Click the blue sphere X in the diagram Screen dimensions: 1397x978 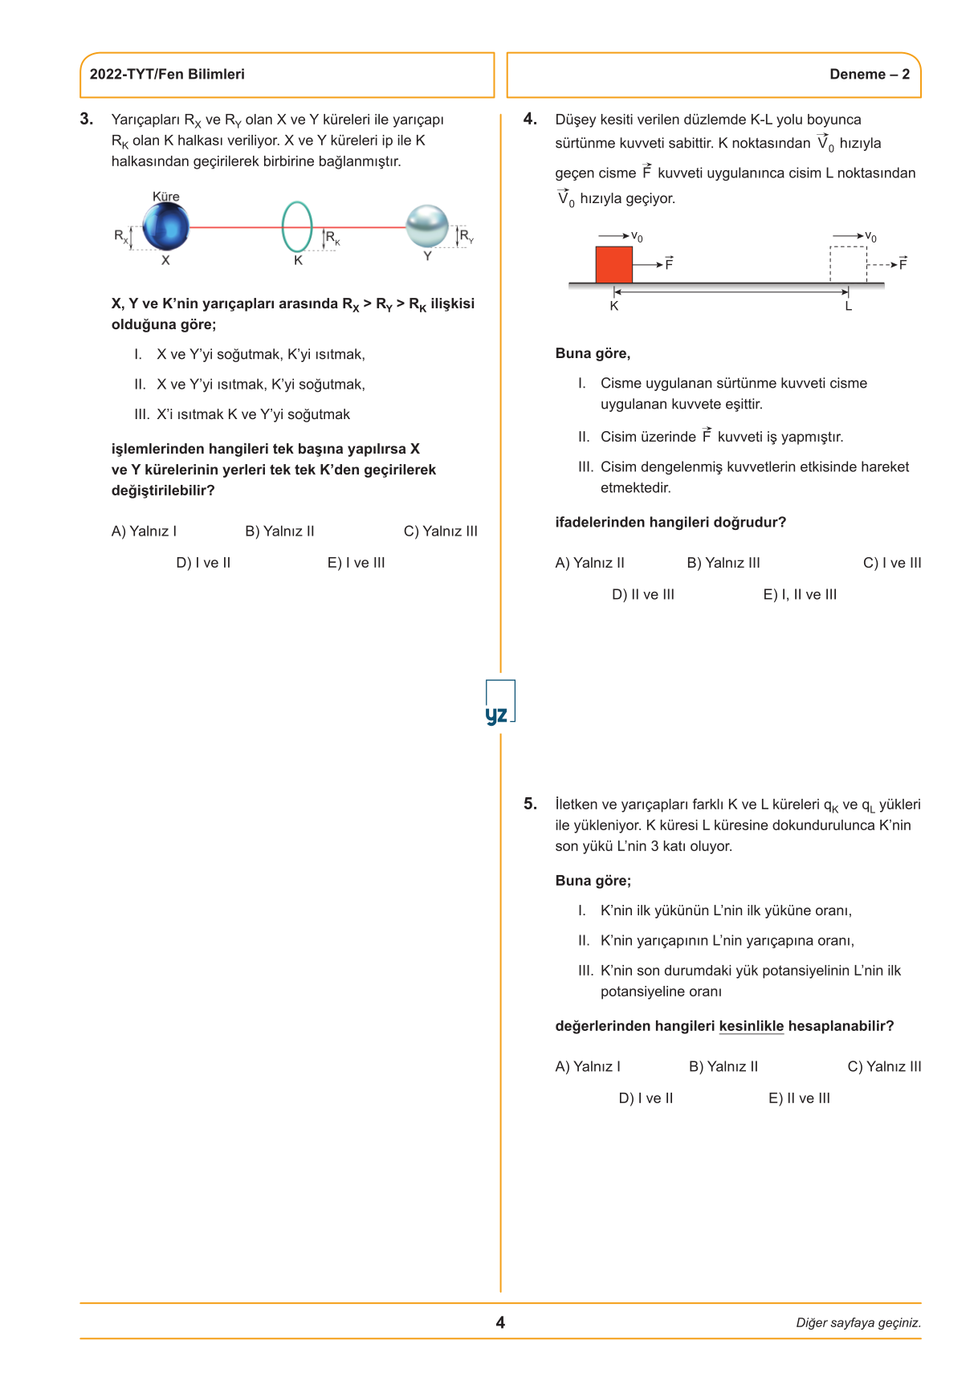coord(166,226)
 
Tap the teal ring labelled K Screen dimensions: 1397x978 coord(296,227)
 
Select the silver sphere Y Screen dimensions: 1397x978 coord(426,226)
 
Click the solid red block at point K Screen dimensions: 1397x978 coord(614,264)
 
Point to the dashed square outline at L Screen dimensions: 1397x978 coord(848,264)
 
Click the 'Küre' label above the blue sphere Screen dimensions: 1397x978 coord(166,197)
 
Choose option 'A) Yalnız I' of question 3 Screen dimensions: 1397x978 coord(144,532)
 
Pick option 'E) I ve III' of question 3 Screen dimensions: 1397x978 coord(356,563)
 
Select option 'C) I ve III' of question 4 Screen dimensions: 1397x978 coord(891,563)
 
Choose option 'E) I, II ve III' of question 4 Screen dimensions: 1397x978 coord(800,595)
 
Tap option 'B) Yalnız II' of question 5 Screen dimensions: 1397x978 coord(723,1066)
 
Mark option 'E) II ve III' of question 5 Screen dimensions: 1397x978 coord(799,1098)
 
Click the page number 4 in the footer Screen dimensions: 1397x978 coord(500,1322)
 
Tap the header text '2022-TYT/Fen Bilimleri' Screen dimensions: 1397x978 coord(167,75)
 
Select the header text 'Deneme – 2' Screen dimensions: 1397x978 coord(870,75)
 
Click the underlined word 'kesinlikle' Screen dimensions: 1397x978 coord(751,1026)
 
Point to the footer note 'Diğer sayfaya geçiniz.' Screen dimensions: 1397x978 coord(858,1323)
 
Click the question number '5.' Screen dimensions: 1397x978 coord(530,804)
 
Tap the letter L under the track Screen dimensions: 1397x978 coord(848,307)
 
